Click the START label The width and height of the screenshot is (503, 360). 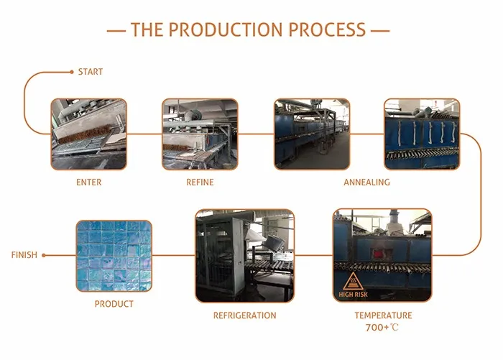pos(91,72)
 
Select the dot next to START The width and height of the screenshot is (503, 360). pos(71,72)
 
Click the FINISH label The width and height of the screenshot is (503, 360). pos(24,255)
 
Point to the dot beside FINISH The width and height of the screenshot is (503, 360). pos(45,255)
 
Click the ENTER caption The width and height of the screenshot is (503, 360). pos(89,183)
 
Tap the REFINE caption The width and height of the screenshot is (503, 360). pos(200,183)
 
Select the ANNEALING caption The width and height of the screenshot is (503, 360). pos(366,183)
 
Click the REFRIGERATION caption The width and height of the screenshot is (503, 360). pos(244,315)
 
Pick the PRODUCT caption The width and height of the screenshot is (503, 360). pos(114,304)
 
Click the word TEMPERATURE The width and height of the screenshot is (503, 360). pos(383,315)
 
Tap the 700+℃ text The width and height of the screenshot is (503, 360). pos(383,328)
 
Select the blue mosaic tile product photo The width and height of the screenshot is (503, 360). pos(114,256)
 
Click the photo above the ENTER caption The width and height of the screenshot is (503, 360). pos(88,134)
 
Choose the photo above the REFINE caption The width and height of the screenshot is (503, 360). pos(200,134)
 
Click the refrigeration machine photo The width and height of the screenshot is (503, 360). pos(244,256)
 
